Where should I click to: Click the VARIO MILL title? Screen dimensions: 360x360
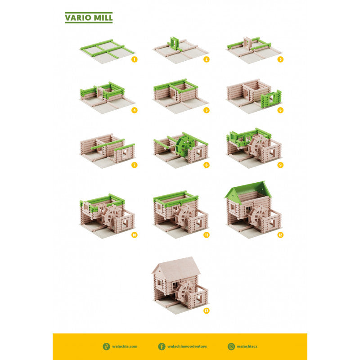88,18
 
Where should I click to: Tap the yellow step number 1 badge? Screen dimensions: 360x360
134,59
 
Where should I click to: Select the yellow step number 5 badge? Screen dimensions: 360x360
206,110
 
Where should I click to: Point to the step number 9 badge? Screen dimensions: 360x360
280,165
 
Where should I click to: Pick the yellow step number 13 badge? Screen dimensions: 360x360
207,310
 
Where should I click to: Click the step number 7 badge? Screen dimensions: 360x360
134,165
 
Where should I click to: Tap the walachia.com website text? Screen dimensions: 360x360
126,346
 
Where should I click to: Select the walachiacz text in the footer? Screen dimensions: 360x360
248,346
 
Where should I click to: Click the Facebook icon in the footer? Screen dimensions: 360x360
162,346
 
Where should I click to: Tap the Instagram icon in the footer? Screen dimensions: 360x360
231,346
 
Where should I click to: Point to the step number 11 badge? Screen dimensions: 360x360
206,234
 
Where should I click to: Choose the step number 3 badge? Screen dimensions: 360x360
280,59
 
